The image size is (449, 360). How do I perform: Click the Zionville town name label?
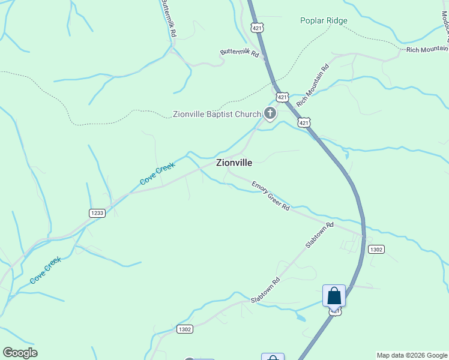click(234, 162)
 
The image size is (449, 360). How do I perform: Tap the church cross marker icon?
click(270, 112)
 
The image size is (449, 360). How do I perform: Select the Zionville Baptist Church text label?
click(217, 114)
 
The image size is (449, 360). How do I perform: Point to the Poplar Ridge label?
click(324, 20)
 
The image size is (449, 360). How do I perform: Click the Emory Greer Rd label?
click(271, 196)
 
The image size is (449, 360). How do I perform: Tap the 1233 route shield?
click(97, 213)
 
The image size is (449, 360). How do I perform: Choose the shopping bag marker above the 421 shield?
click(334, 296)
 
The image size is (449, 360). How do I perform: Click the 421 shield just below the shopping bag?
click(335, 311)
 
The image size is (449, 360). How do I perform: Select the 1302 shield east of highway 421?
click(376, 249)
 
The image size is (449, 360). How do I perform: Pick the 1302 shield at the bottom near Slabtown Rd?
click(185, 329)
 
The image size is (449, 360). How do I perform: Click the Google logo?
click(20, 353)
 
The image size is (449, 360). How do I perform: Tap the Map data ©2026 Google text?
click(412, 355)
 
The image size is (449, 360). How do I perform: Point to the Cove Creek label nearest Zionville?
click(157, 173)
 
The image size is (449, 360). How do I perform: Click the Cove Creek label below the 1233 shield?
click(47, 270)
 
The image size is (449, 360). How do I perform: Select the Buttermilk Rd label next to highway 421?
click(239, 53)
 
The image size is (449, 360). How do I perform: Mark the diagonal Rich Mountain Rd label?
click(313, 83)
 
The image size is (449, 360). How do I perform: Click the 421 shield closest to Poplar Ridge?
click(258, 28)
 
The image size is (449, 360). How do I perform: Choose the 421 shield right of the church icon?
click(282, 97)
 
